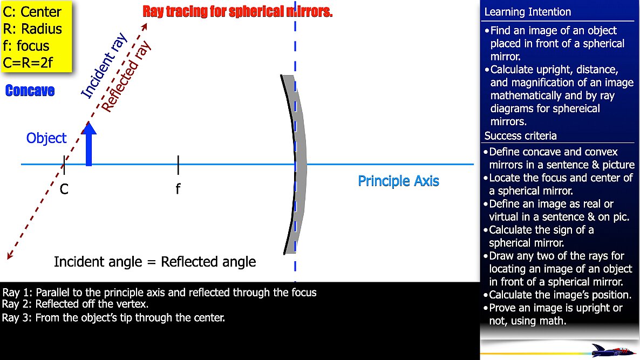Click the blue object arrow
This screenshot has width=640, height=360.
point(88,144)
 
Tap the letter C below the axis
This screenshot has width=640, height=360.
point(64,189)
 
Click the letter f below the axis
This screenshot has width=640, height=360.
point(178,188)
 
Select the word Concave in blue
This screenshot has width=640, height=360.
point(30,91)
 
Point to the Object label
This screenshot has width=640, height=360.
point(46,138)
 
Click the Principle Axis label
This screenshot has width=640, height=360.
point(398,181)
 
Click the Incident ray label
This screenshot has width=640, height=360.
point(104,66)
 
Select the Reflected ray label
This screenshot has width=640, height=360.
point(126,77)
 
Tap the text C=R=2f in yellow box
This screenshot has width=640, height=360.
point(28,63)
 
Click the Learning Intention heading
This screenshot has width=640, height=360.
point(527,12)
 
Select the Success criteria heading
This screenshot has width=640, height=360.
point(520,135)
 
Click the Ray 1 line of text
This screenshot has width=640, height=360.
point(159,293)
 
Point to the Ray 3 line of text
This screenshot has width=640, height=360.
point(113,317)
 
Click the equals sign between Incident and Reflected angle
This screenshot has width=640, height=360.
point(152,262)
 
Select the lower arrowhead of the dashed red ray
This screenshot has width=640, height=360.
point(10,255)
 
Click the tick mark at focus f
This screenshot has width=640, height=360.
point(178,165)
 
